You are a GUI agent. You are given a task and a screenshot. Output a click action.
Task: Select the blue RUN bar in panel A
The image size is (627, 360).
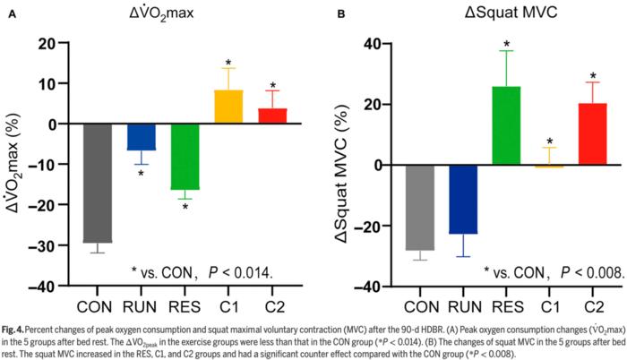pyautogui.click(x=141, y=137)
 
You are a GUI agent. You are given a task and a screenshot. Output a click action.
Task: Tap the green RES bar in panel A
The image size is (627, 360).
pyautogui.click(x=185, y=157)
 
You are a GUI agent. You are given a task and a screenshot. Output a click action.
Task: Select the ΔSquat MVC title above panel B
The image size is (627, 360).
pyautogui.click(x=505, y=14)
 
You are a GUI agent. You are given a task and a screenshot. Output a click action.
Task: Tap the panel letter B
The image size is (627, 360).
pyautogui.click(x=341, y=15)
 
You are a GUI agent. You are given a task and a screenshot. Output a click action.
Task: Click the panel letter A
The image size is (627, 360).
pyautogui.click(x=12, y=15)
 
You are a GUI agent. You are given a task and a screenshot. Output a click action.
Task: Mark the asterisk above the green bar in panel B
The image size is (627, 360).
pyautogui.click(x=506, y=44)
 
